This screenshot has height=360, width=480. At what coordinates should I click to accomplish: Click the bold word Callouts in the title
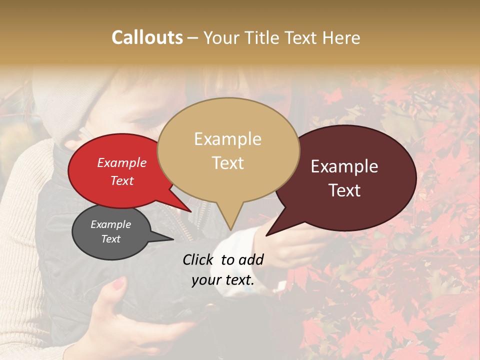tap(147, 37)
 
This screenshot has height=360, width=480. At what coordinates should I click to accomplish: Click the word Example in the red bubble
tap(122, 162)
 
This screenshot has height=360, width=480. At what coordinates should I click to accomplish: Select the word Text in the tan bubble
tap(228, 163)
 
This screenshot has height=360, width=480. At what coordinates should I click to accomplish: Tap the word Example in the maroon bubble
tap(344, 167)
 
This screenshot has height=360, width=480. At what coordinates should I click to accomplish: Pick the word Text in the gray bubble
tap(111, 239)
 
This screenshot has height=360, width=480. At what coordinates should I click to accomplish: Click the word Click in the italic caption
tap(198, 259)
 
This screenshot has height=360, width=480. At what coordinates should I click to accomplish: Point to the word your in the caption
tap(205, 280)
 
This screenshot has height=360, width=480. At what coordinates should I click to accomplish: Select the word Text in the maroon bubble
tap(345, 190)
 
